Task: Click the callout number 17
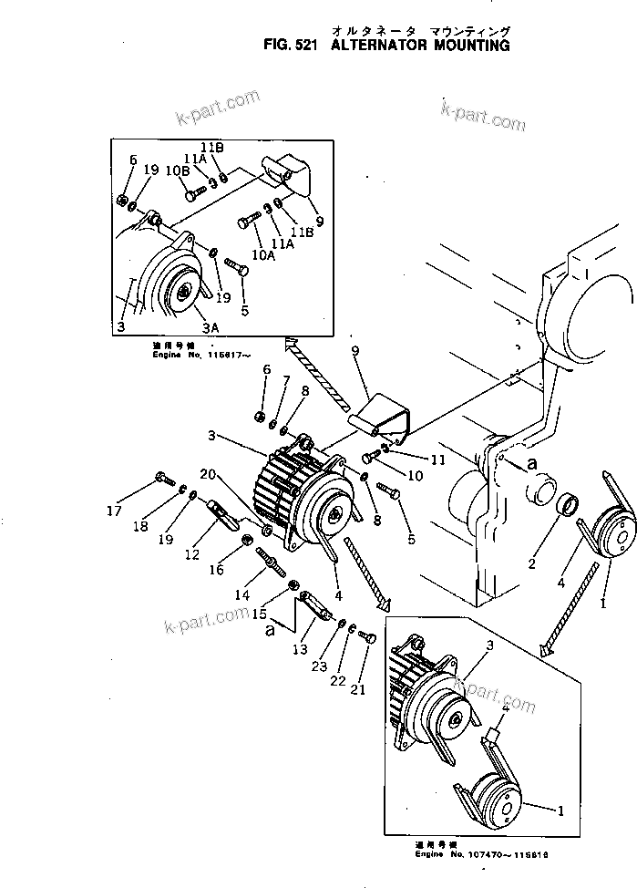coord(113,511)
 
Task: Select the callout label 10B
coord(177,170)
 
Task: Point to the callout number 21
coord(357,690)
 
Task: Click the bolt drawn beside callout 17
coord(164,478)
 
